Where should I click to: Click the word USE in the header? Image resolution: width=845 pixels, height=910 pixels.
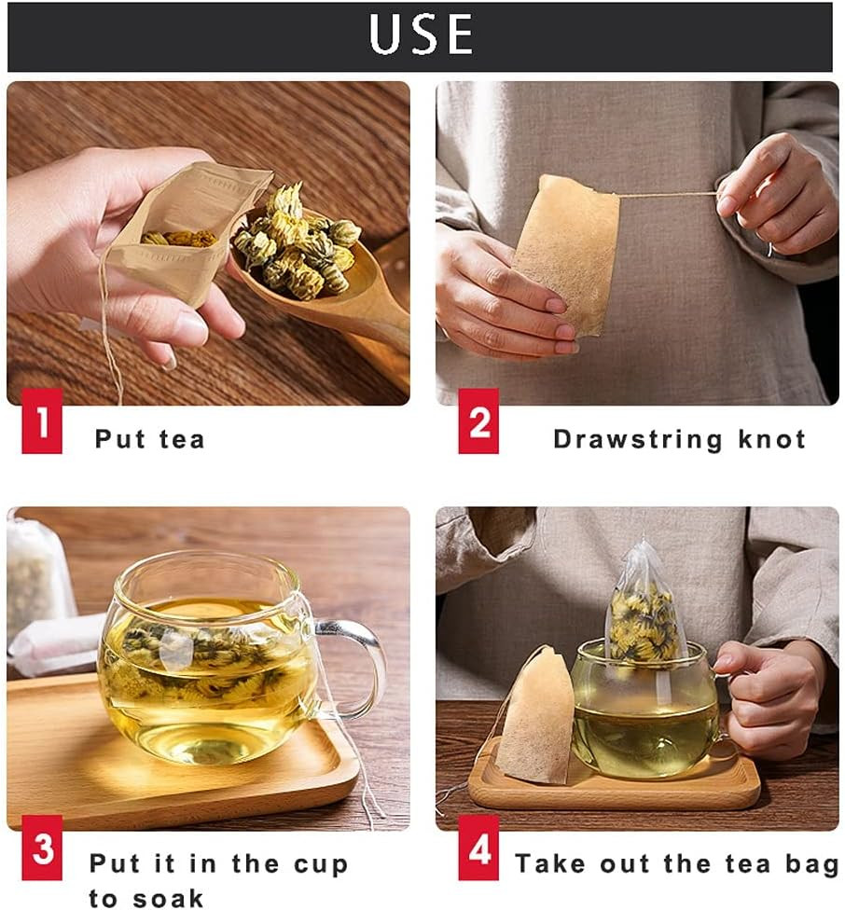422,34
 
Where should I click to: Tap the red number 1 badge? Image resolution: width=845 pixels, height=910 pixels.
42,421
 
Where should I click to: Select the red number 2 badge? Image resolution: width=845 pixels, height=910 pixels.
478,421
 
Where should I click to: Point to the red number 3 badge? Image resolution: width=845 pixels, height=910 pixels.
42,848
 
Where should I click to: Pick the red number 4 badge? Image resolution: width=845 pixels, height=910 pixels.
478,848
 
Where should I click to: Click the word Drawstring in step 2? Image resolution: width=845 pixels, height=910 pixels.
638,440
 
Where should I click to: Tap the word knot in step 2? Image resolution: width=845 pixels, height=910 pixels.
772,439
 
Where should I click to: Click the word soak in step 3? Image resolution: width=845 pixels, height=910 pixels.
168,899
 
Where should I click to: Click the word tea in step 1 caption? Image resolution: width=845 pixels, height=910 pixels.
182,439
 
